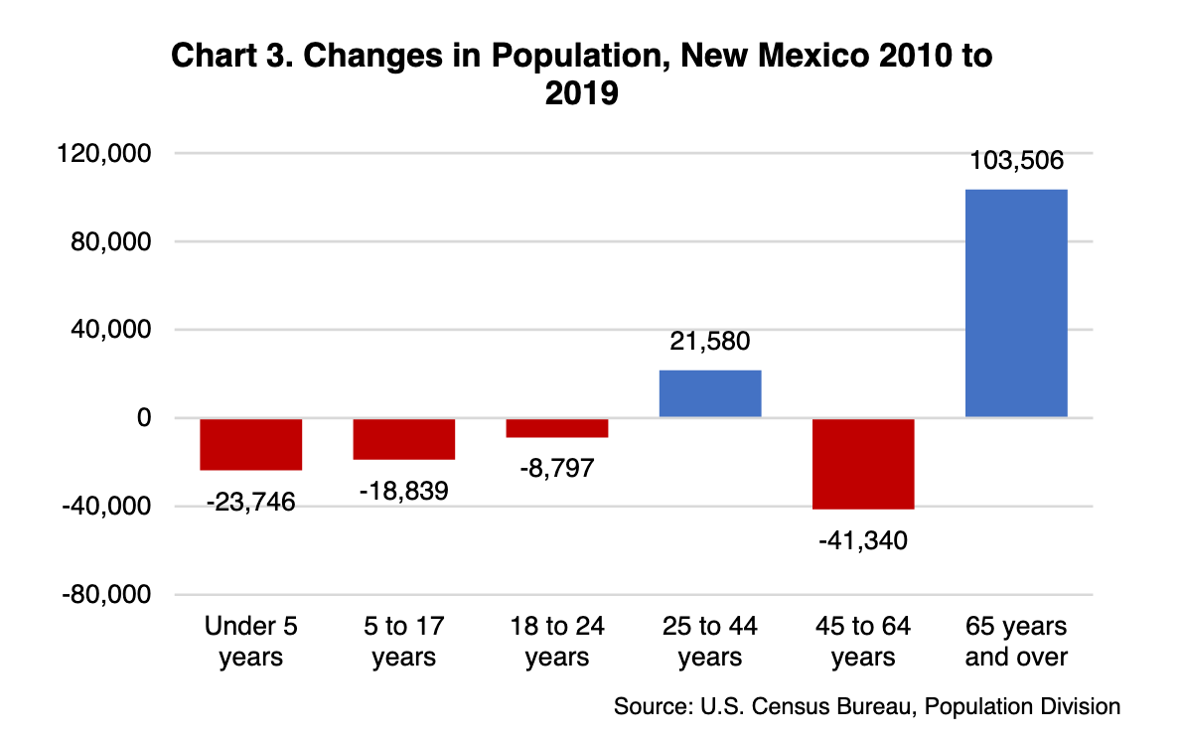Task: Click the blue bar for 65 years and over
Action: [1016, 303]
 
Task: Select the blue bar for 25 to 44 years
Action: [710, 393]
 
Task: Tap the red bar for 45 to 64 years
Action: [863, 463]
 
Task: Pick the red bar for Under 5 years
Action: [251, 444]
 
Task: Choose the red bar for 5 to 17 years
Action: [404, 439]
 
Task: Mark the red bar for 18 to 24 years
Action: [557, 428]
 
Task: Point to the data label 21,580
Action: [709, 342]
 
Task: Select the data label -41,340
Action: [863, 542]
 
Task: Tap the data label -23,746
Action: [251, 502]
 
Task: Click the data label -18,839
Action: [404, 491]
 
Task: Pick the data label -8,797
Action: [556, 467]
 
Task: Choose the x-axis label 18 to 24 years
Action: [557, 642]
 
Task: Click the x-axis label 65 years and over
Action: [1016, 642]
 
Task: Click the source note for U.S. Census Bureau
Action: [867, 707]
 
